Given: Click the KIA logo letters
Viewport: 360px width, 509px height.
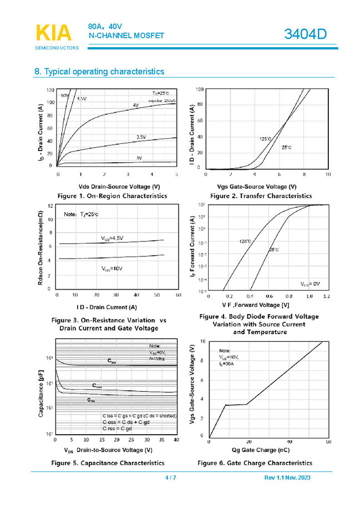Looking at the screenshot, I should tap(54, 33).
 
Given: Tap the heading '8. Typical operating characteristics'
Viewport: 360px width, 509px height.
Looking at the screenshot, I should tap(99, 72).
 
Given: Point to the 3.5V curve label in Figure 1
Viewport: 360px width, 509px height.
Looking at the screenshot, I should tap(141, 137).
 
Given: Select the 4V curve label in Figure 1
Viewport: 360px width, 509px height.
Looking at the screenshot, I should tap(135, 105).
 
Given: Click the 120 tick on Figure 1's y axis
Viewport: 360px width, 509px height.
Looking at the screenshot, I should tap(50, 90).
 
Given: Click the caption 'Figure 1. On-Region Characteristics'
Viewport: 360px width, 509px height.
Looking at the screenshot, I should tap(111, 196).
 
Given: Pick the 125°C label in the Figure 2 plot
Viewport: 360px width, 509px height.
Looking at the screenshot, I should tap(265, 139).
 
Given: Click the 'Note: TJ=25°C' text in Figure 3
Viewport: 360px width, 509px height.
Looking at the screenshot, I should tap(81, 214).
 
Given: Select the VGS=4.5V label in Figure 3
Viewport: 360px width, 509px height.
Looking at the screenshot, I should tap(112, 238).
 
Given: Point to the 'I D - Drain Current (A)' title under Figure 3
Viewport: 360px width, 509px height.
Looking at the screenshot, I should tap(107, 307).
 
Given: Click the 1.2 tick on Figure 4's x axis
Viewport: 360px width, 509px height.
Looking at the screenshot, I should tap(325, 296).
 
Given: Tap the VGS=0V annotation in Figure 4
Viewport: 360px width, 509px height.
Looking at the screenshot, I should tap(311, 284).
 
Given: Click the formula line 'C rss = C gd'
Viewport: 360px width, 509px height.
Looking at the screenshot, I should tap(117, 429).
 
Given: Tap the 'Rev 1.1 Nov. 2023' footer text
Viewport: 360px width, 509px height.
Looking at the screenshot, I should tap(288, 478).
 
